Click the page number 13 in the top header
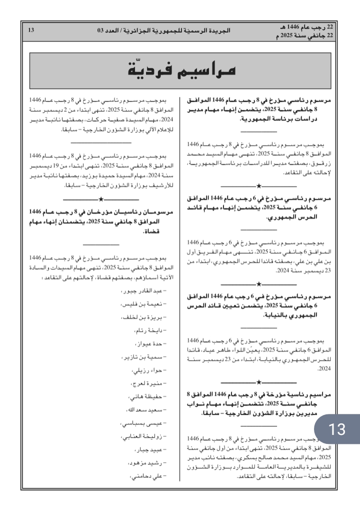(x=31, y=31)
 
